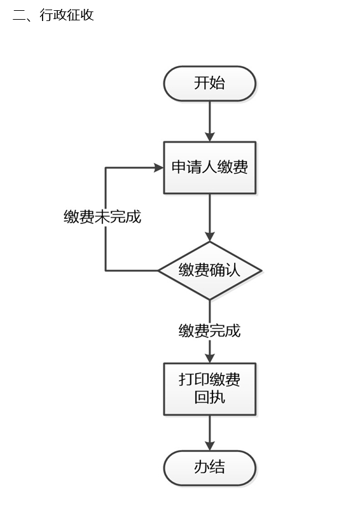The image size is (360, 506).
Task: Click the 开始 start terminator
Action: coord(210,83)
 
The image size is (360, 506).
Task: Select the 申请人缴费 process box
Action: coord(210,167)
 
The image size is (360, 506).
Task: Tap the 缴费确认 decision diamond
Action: coord(210,271)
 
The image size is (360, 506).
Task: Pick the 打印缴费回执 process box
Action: coord(210,389)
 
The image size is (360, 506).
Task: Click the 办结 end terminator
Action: coord(210,468)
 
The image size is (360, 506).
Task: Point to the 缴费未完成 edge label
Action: coord(102,216)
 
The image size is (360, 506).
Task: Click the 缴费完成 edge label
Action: coord(210,331)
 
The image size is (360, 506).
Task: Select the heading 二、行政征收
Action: coord(53,15)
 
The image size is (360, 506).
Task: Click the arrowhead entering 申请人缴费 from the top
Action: coord(210,137)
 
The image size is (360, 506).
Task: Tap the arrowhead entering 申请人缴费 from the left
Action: coord(159,167)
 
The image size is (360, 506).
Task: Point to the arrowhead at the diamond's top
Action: coord(210,237)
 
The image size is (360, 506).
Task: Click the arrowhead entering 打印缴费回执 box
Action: coord(210,358)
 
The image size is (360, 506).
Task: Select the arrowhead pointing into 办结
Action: coord(210,446)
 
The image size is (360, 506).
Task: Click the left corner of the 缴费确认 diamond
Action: coord(158,271)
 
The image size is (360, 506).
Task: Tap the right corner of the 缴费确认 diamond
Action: coord(261,271)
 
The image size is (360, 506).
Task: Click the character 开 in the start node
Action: coord(202,83)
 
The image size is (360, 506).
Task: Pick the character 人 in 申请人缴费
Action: coord(210,167)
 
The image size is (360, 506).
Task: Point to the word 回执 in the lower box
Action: coord(210,397)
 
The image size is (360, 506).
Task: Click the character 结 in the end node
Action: coord(218,467)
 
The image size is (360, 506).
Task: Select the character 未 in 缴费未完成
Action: coord(102,216)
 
